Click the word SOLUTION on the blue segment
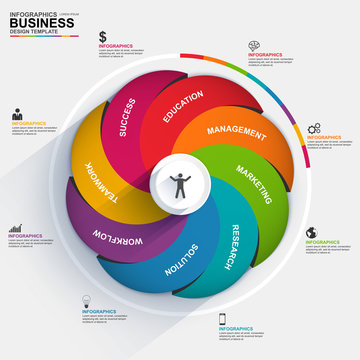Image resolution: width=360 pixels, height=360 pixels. coord(184,262)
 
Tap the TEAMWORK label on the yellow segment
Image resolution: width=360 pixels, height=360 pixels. coord(101,184)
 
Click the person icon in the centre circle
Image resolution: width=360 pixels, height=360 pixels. coord(181,184)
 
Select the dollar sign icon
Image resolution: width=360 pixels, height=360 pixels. coord(103,37)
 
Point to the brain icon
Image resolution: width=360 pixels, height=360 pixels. coord(256,45)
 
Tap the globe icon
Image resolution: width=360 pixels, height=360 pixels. coord(310,232)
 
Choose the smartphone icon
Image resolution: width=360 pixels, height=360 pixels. coord(222,319)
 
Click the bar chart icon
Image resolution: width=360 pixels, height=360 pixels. coord(16,228)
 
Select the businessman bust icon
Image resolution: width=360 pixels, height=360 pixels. coord(18,115)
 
